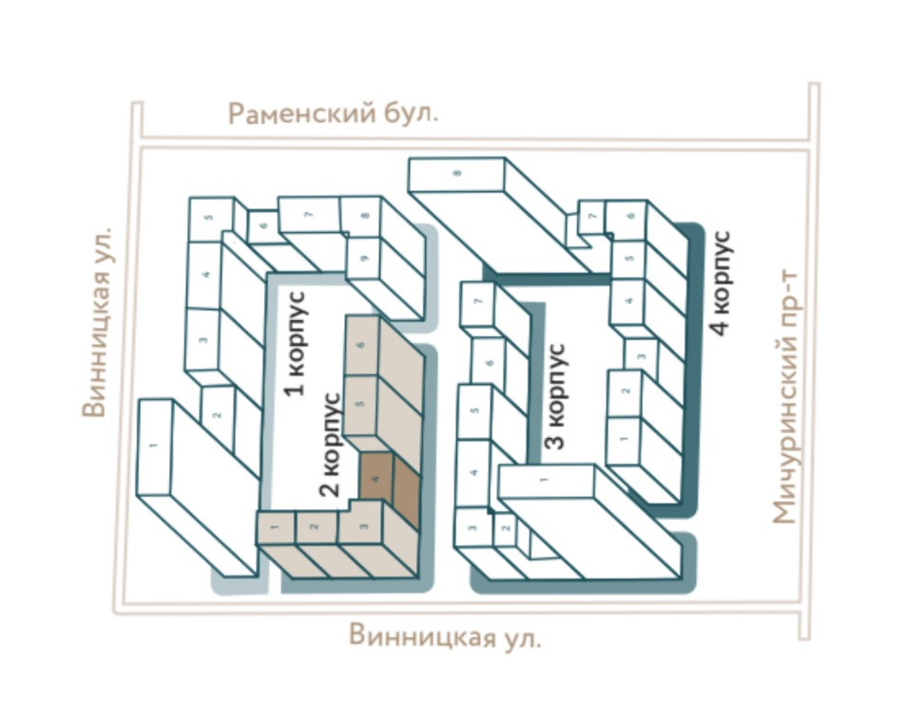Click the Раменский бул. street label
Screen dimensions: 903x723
pyautogui.click(x=333, y=115)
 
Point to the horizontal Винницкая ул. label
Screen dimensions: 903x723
pyautogui.click(x=445, y=636)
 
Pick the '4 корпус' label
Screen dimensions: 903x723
pyautogui.click(x=721, y=281)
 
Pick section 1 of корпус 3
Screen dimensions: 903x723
pyautogui.click(x=545, y=483)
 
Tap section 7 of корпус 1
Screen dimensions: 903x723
pyautogui.click(x=309, y=215)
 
